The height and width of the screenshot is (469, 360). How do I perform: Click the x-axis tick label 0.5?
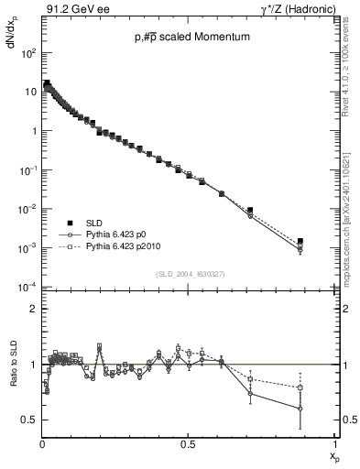point(188,445)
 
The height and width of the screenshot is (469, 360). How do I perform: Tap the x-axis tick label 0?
point(42,445)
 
